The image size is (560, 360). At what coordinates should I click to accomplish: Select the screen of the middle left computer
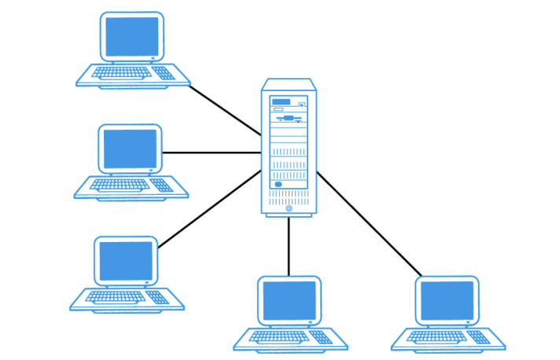coord(131,149)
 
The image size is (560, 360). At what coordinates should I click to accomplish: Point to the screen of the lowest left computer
coord(125,261)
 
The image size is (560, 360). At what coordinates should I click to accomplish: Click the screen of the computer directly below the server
coord(289,300)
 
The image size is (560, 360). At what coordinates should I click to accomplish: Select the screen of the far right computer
coord(447,300)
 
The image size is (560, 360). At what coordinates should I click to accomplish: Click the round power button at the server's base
coord(289,209)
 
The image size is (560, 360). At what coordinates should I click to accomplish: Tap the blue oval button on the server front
coord(278,185)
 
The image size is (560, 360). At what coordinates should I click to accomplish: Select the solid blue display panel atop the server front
coord(280,101)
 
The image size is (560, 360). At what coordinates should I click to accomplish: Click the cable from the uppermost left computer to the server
coord(225,110)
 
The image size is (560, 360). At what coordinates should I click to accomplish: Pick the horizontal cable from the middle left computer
coord(211,152)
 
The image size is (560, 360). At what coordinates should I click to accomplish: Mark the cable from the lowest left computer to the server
coord(209,208)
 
